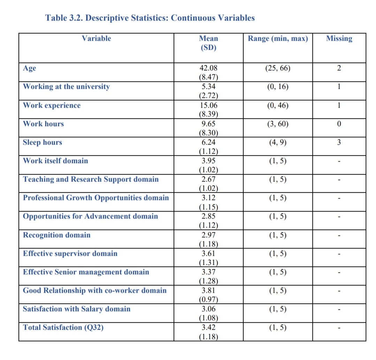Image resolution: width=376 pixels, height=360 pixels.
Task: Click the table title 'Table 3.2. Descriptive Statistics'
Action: coord(150,18)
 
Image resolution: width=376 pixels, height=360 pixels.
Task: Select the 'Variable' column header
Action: coord(96,38)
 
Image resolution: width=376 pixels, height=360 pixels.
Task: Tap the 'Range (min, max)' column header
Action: coord(278,38)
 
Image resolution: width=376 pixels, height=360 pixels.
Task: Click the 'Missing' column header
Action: coord(339,38)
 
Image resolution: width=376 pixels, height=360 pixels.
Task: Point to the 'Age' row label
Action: coord(29,68)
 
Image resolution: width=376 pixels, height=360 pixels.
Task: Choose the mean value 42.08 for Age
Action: coord(208,68)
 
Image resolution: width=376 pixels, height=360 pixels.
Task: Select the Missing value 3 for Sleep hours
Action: coord(339,142)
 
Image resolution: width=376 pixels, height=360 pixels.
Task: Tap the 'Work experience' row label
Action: coord(52,105)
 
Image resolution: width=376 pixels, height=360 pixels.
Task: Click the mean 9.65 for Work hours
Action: coord(208,124)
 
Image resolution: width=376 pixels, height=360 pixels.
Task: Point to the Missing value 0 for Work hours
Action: coord(339,124)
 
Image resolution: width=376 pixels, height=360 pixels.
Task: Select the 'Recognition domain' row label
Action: coord(56,235)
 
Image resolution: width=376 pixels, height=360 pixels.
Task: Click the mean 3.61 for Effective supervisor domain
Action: coord(208,253)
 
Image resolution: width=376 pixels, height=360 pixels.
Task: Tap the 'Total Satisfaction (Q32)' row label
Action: coord(63,327)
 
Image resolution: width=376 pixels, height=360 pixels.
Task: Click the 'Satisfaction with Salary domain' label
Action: coord(77,309)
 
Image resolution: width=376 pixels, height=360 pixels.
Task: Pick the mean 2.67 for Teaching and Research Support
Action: coord(208,179)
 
